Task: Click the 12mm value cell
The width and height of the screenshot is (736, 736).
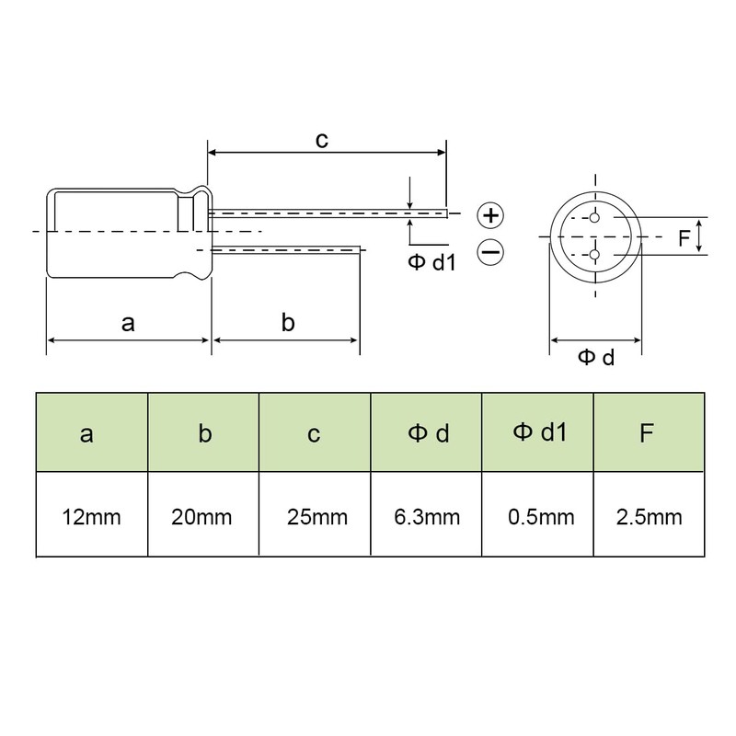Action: tap(92, 514)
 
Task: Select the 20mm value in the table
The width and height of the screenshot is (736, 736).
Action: tap(203, 514)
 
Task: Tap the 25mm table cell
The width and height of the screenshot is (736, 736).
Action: tap(315, 514)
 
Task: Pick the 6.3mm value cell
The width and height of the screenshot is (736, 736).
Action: tap(426, 514)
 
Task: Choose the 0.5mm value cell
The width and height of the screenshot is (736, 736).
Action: tap(538, 514)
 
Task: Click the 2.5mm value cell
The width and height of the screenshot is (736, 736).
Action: tap(650, 514)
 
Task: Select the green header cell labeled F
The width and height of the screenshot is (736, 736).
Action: tap(650, 432)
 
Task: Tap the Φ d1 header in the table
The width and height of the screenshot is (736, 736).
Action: tap(538, 432)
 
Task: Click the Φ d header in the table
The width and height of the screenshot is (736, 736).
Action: tap(426, 432)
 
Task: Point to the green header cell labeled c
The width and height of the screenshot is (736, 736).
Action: tap(315, 432)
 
